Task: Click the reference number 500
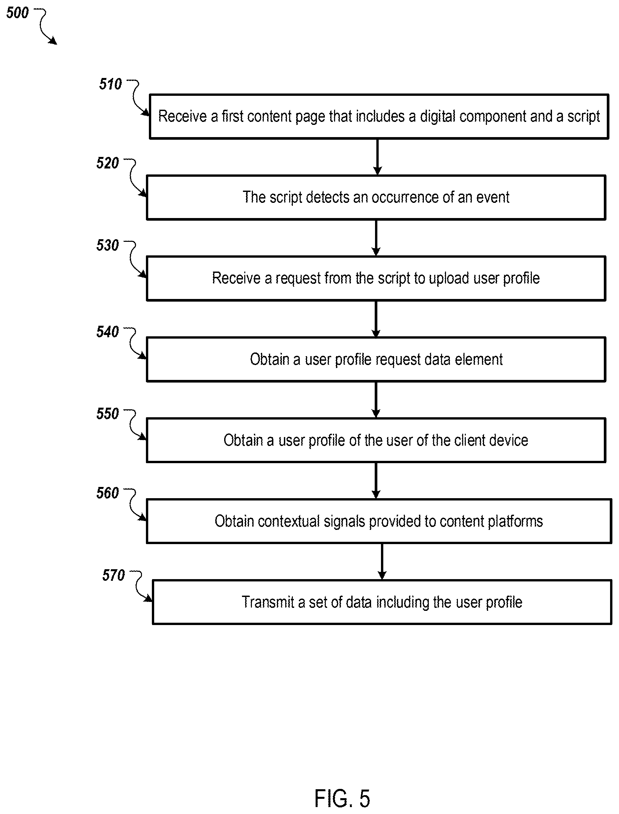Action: coord(17,13)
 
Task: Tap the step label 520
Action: coord(108,163)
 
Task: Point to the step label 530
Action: coord(108,245)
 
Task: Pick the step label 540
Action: coord(108,332)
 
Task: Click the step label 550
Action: coord(108,414)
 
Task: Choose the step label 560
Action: coord(108,493)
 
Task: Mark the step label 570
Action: coord(114,575)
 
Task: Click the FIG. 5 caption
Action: coord(342,798)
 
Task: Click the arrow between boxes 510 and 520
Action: coord(377,157)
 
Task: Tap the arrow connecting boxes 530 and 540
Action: coord(376,319)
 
